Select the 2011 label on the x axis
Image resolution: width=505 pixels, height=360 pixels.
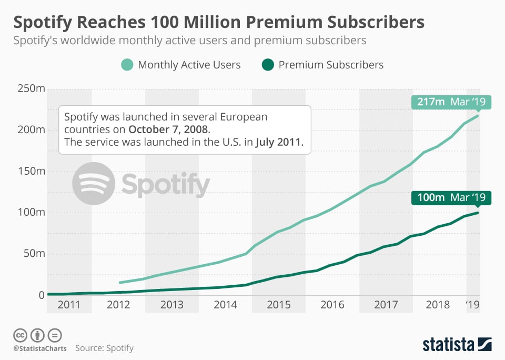coord(69,305)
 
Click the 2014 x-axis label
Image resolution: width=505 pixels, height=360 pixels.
coord(225,305)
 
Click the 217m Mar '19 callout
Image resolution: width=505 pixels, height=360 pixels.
coord(451,102)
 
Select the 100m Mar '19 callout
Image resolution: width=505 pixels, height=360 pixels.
coord(451,198)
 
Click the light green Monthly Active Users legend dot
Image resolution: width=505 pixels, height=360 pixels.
coord(127,65)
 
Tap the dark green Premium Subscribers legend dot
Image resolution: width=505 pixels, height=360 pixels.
coord(267,65)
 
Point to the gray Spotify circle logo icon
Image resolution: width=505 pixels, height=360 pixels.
coord(94,184)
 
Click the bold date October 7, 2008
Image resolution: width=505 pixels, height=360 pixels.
coord(168,129)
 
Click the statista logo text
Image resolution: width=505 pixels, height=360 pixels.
coord(448,345)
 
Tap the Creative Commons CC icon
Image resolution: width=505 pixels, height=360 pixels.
coord(21,335)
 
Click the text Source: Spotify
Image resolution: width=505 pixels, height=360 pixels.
coord(104,348)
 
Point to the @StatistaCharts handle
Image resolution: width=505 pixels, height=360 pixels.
coord(39,348)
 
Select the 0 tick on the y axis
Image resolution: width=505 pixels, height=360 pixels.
coord(42,295)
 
